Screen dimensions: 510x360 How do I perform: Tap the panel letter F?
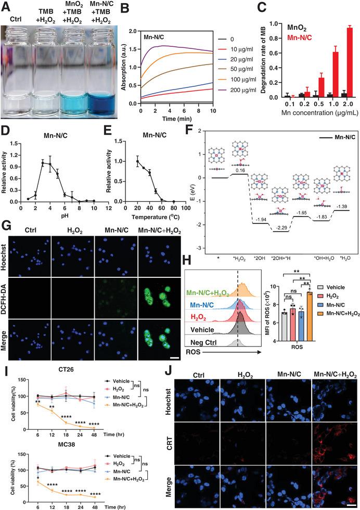185,126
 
